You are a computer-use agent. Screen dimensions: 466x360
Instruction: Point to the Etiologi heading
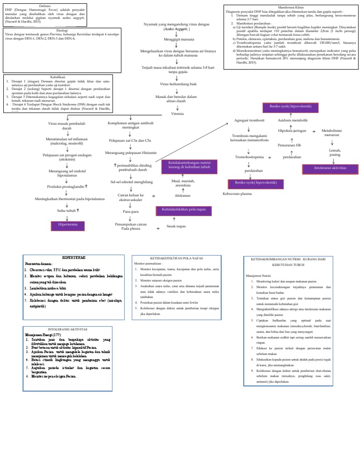[61, 30]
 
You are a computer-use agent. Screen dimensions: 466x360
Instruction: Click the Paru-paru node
[131, 212]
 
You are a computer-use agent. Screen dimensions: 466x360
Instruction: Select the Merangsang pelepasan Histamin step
[131, 153]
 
